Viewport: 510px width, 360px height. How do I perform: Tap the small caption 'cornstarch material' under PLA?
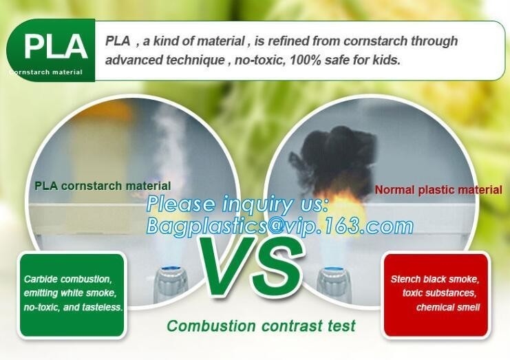pyautogui.click(x=46, y=72)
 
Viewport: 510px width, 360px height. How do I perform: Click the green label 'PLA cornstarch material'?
pyautogui.click(x=103, y=186)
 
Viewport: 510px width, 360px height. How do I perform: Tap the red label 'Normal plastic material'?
pyautogui.click(x=438, y=190)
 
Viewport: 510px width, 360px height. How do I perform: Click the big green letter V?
pyautogui.click(x=227, y=266)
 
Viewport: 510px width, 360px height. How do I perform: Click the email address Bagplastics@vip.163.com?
pyautogui.click(x=279, y=226)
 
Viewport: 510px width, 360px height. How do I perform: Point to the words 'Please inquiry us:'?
pyautogui.click(x=237, y=204)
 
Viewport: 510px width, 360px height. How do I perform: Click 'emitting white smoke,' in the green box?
pyautogui.click(x=70, y=293)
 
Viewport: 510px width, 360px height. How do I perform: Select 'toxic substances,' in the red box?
pyautogui.click(x=439, y=293)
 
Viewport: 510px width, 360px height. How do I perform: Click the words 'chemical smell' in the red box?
pyautogui.click(x=448, y=307)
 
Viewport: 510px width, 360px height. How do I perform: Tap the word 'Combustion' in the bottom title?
pyautogui.click(x=211, y=326)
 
